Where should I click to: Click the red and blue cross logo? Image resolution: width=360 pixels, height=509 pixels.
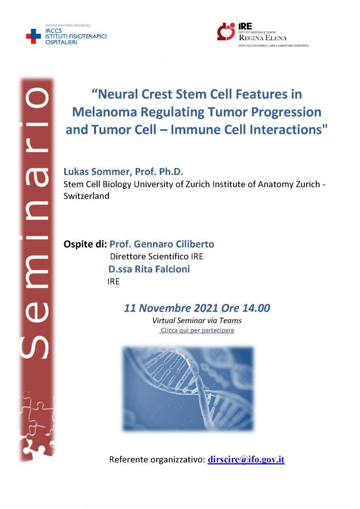33,36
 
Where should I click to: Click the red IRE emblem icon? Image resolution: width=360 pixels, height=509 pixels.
226,31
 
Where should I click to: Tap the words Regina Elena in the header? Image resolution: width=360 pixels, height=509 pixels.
263,38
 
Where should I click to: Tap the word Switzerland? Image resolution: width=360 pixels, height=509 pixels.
87,196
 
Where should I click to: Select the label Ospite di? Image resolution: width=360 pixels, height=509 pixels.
85,244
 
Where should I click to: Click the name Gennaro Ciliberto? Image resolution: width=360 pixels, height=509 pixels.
174,244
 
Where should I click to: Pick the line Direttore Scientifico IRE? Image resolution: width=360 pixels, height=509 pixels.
157,256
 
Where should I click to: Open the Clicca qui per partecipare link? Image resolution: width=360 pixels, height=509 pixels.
197,331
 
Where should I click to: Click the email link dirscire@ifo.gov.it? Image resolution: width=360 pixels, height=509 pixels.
246,460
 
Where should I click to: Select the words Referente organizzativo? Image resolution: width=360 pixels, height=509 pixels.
157,460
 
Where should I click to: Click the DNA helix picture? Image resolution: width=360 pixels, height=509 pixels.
188,389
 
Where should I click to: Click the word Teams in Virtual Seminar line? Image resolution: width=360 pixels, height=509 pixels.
231,321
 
